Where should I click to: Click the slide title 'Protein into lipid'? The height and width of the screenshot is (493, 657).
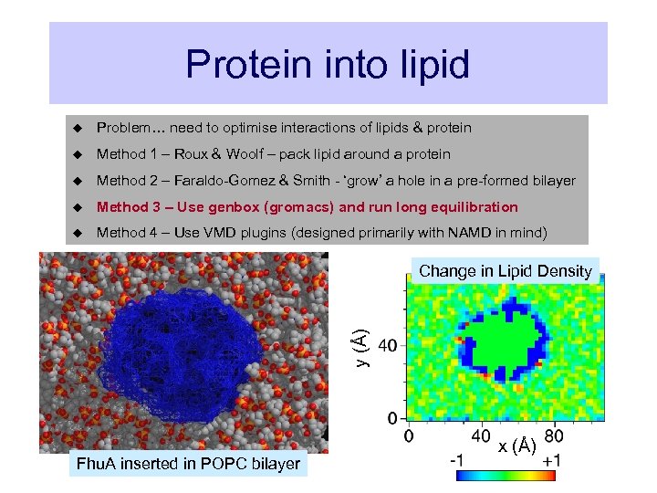pyautogui.click(x=328, y=64)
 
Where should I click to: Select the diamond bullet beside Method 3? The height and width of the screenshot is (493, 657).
pyautogui.click(x=78, y=207)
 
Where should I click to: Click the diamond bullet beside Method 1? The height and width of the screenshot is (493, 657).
pyautogui.click(x=78, y=154)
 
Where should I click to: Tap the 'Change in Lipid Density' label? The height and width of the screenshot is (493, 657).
pyautogui.click(x=506, y=271)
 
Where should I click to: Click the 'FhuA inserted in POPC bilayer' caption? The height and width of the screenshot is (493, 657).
pyautogui.click(x=188, y=464)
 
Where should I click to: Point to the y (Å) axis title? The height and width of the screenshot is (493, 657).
pyautogui.click(x=362, y=348)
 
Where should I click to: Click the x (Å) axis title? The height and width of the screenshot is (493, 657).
pyautogui.click(x=517, y=446)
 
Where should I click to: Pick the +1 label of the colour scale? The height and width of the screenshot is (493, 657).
pyautogui.click(x=551, y=461)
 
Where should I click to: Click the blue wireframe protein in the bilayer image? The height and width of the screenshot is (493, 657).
pyautogui.click(x=178, y=351)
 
